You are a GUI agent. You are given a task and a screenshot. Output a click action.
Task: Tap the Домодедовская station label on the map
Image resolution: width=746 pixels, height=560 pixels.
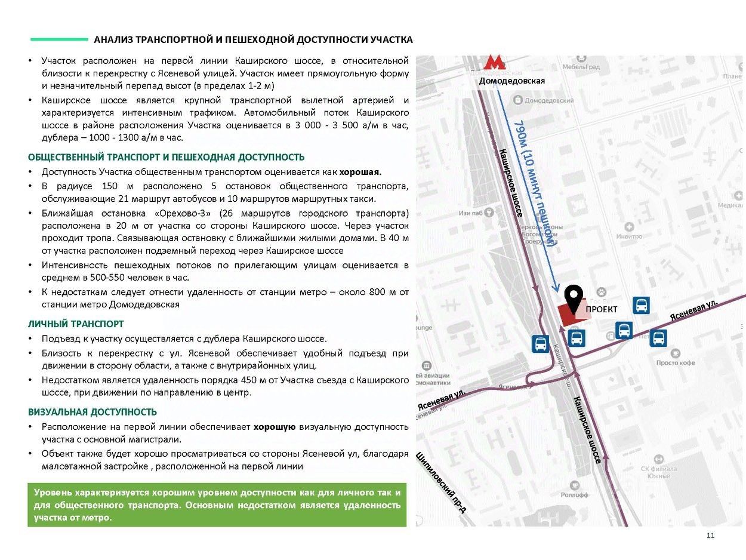511,81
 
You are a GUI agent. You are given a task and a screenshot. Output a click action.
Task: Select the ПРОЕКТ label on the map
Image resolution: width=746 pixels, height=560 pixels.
601,309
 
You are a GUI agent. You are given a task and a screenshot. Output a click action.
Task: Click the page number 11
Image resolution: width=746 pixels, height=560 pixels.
710,536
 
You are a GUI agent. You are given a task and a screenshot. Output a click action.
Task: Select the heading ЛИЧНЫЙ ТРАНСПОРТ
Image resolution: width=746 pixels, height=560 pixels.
76,324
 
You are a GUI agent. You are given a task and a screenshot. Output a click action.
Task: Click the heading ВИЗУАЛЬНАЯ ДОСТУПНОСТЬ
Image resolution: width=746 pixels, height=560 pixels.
93,413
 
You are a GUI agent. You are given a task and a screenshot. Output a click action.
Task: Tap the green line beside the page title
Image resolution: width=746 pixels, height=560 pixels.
58,39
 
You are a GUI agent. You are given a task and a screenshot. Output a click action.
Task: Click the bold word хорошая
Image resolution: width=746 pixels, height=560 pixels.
360,172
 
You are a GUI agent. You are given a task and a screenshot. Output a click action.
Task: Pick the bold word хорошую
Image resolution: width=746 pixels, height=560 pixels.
275,427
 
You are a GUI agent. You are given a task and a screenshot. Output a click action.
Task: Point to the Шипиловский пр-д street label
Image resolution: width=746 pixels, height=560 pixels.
441,482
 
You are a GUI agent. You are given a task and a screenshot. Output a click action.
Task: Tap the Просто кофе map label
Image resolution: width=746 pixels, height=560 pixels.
676,363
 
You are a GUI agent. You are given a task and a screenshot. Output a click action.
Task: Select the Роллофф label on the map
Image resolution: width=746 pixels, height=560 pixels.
574,495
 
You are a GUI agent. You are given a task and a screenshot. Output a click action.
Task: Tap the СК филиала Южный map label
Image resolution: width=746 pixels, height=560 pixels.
659,472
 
